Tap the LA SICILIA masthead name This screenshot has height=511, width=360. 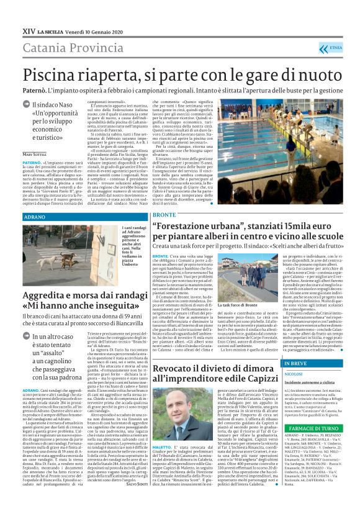click(53, 30)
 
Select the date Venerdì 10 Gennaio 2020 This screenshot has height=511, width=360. click(93, 30)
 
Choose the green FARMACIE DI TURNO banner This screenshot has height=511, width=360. click(308, 445)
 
